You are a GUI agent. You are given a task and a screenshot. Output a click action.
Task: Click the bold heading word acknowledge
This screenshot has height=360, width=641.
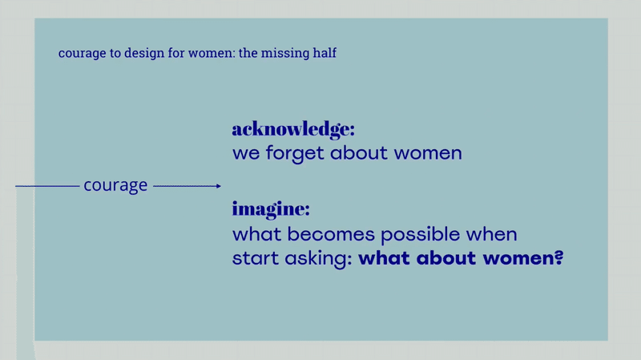pyautogui.click(x=293, y=130)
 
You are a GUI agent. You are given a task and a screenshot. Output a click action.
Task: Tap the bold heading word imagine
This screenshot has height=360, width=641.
pyautogui.click(x=271, y=209)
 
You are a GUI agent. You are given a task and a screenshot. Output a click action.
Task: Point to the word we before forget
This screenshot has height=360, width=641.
pyautogui.click(x=246, y=154)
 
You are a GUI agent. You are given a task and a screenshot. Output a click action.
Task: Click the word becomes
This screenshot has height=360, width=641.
pyautogui.click(x=331, y=234)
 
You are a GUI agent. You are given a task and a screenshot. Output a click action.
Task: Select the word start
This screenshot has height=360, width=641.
pyautogui.click(x=255, y=258)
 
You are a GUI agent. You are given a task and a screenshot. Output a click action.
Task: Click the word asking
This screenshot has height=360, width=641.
pyautogui.click(x=318, y=259)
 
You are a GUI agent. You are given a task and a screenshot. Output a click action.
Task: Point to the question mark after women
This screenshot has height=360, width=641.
pyautogui.click(x=558, y=257)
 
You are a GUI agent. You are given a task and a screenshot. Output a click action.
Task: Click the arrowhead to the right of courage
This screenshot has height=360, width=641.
pyautogui.click(x=219, y=186)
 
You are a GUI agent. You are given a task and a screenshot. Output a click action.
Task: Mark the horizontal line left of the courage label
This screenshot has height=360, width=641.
pyautogui.click(x=47, y=186)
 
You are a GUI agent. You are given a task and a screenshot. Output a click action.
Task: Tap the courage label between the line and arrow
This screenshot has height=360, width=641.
pyautogui.click(x=115, y=186)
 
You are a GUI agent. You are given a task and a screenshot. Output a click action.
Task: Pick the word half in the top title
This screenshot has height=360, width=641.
pyautogui.click(x=325, y=52)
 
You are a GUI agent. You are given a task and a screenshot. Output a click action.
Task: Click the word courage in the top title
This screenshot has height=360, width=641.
pyautogui.click(x=83, y=54)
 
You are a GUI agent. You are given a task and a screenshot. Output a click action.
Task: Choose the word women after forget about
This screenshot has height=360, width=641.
pyautogui.click(x=428, y=153)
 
